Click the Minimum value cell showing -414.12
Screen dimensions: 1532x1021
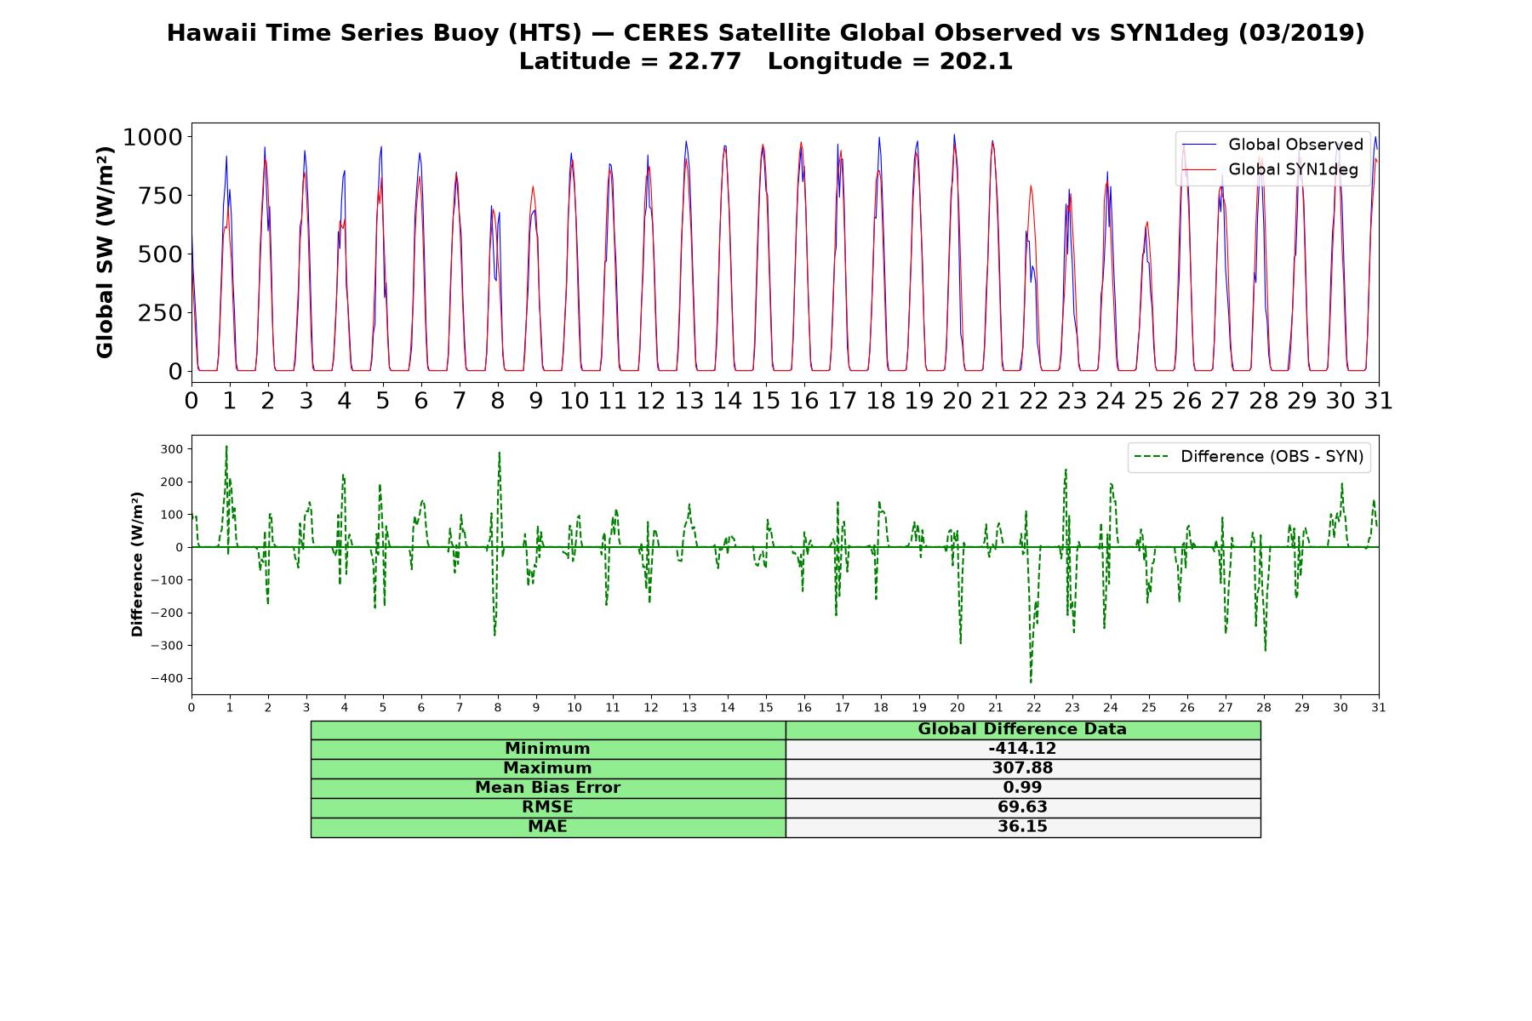[1022, 749]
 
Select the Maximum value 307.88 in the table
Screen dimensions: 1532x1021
[1022, 768]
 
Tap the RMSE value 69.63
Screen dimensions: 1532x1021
[1022, 807]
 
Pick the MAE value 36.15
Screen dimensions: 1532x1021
[1022, 826]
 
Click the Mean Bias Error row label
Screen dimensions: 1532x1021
[547, 788]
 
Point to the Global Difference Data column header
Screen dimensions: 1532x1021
[1022, 729]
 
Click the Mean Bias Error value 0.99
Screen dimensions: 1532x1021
[1022, 788]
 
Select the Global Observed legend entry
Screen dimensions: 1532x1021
[1273, 145]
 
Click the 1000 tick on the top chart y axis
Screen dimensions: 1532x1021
[153, 137]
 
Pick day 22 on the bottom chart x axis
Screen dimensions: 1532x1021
[1034, 707]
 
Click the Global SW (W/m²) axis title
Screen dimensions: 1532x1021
[105, 253]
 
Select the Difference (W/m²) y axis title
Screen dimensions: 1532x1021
[137, 564]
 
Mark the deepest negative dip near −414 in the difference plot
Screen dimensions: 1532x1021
[1031, 682]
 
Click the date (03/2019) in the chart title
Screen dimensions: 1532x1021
[1301, 33]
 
